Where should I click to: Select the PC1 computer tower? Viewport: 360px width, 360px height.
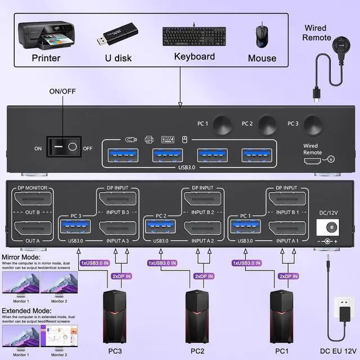click(x=281, y=315)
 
